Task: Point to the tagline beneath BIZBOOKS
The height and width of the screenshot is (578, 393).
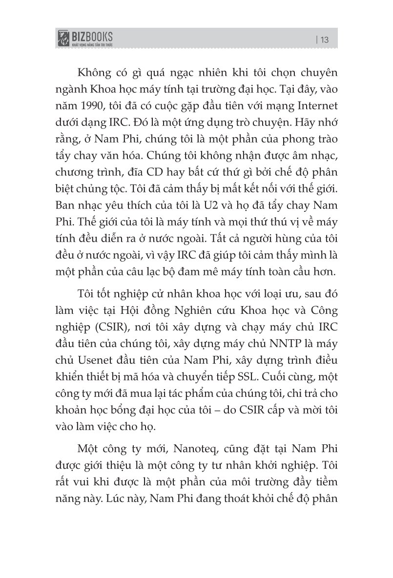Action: [93, 45]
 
